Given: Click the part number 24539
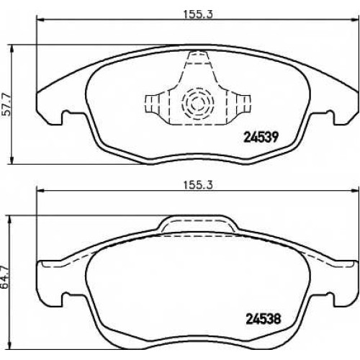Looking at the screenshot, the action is [261, 138].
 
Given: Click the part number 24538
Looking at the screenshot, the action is [264, 319].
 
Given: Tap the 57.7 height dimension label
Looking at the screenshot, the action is [6, 105].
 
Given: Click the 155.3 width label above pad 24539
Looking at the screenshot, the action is [198, 14].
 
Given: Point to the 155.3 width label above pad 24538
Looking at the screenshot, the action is [198, 185].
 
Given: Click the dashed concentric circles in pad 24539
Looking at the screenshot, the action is [198, 104].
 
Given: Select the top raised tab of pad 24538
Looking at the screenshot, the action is [197, 223].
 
